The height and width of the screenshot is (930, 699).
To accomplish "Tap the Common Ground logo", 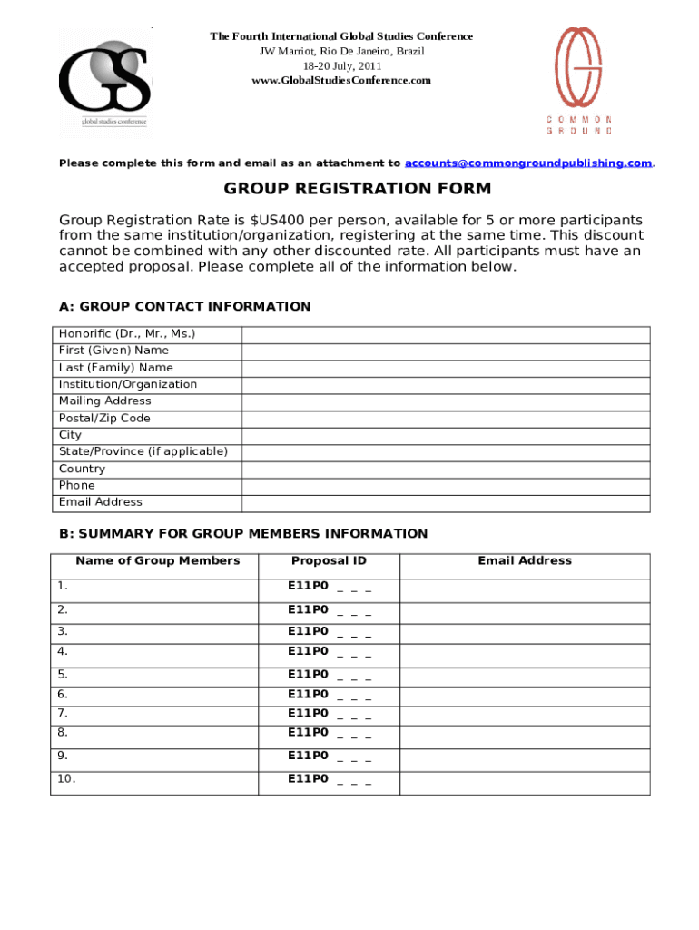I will click(579, 80).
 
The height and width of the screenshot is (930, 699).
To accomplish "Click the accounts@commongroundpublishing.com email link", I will click(527, 163).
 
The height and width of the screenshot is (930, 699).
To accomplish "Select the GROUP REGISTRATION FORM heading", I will click(358, 189).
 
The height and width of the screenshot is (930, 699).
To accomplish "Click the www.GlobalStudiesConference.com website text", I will click(341, 81).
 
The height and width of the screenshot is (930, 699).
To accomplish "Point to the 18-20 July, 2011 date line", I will click(341, 66).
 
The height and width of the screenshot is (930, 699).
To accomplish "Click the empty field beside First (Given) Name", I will click(445, 351).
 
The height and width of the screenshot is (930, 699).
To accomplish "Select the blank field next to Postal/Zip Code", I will click(445, 419).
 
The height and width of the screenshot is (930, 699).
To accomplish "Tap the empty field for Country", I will click(445, 470).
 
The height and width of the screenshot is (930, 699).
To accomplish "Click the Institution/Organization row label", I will click(128, 384).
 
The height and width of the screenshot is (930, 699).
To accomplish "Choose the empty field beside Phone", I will click(445, 486).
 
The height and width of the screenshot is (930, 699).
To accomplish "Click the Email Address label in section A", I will click(101, 502).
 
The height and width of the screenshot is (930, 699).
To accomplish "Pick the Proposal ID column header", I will click(329, 561).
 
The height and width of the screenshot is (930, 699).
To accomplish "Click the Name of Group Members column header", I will click(158, 561).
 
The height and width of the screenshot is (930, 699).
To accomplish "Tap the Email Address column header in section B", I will click(525, 561).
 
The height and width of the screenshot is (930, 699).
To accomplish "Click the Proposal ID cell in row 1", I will click(329, 588).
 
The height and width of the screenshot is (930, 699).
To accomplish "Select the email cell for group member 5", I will click(525, 675).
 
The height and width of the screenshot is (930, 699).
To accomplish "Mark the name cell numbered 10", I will click(154, 781).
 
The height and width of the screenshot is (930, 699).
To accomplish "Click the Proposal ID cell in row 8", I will click(329, 734).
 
